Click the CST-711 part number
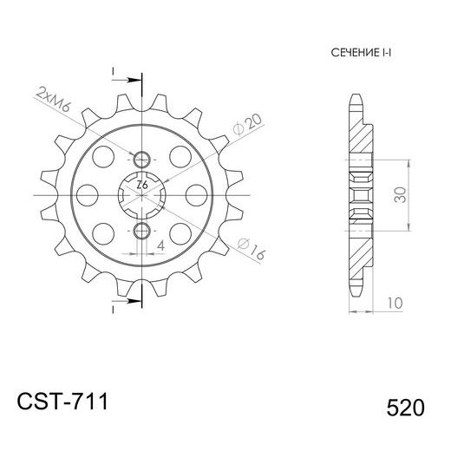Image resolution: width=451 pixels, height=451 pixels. click(x=62, y=402)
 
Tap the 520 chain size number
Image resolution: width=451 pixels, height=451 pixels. click(x=405, y=408)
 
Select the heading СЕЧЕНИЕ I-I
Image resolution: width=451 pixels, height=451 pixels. click(x=361, y=53)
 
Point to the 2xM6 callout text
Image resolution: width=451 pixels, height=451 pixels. click(x=53, y=100)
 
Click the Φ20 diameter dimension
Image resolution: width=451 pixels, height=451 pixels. click(x=248, y=124)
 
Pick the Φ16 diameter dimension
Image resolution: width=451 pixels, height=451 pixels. click(x=251, y=248)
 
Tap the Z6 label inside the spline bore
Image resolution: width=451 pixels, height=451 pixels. click(x=142, y=185)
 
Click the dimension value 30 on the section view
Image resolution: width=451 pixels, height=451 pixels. click(x=400, y=195)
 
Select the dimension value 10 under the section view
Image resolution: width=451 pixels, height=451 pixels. click(x=395, y=303)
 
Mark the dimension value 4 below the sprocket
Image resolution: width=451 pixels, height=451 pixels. click(x=160, y=245)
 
